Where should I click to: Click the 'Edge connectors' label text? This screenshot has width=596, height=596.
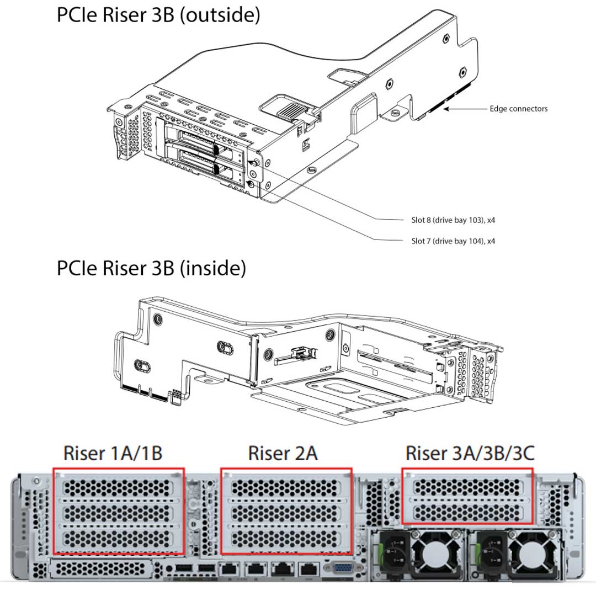tap(518, 109)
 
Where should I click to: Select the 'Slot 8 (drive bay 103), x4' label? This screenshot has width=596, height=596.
tap(453, 220)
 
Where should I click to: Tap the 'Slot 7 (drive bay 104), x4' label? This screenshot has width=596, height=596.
tap(453, 241)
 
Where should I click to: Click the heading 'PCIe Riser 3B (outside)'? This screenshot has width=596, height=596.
tap(158, 15)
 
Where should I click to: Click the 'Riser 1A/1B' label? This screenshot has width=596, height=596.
tap(113, 453)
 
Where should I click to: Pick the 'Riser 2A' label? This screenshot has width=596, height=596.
tap(283, 453)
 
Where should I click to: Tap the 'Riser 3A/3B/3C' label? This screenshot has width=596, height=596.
tap(470, 453)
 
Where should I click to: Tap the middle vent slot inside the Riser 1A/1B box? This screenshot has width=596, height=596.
tap(118, 512)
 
